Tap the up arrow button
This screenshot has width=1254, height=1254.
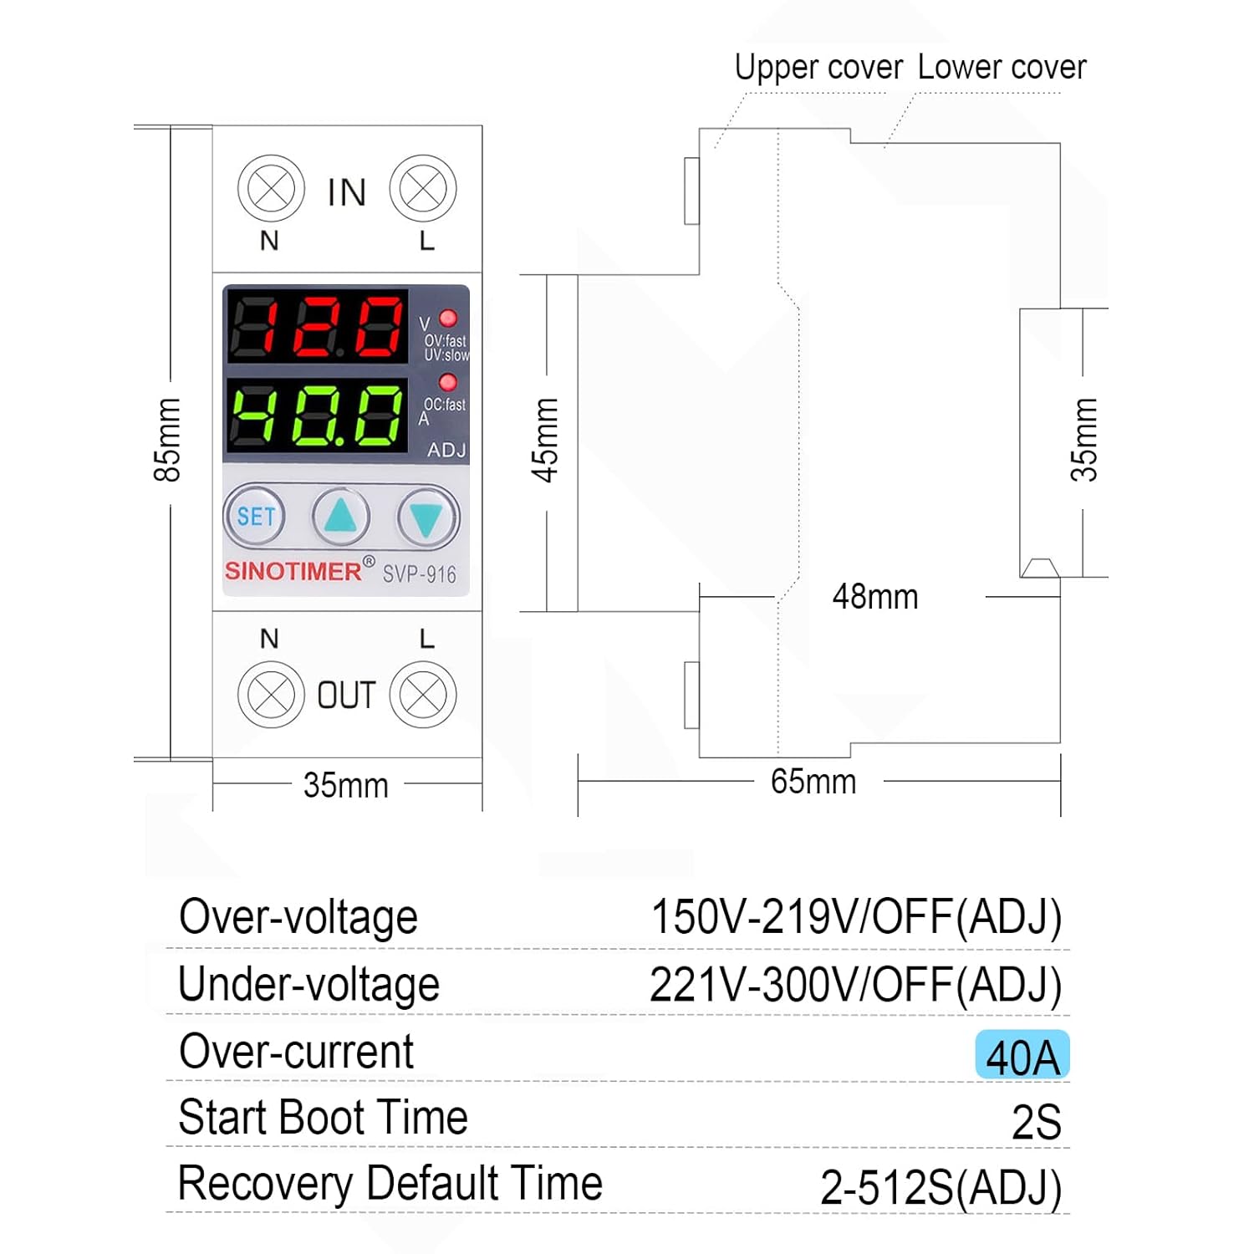coord(341,517)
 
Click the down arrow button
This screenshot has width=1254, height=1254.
coord(427,518)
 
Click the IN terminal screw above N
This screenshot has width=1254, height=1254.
coord(271,189)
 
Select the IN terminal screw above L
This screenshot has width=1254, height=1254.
coord(423,189)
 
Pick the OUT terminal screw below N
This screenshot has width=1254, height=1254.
coord(271,695)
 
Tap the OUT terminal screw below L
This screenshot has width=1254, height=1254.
coord(423,695)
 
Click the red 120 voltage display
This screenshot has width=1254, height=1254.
coord(317,326)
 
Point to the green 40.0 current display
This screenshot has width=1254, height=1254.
coord(317,415)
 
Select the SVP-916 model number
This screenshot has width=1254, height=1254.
coord(420,574)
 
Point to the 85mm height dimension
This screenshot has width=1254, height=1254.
coord(167,440)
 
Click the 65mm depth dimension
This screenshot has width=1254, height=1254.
coord(813,782)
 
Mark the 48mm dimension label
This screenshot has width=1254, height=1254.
coord(875,597)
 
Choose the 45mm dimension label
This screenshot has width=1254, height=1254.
coord(545,440)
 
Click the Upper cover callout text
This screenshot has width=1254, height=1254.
coord(818,67)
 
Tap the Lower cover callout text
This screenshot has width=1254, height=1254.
coord(1002,67)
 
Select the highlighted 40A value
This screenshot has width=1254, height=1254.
coord(1022,1056)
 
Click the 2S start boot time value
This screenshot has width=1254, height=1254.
coord(1037,1122)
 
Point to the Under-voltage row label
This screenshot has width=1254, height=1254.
coord(308,984)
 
